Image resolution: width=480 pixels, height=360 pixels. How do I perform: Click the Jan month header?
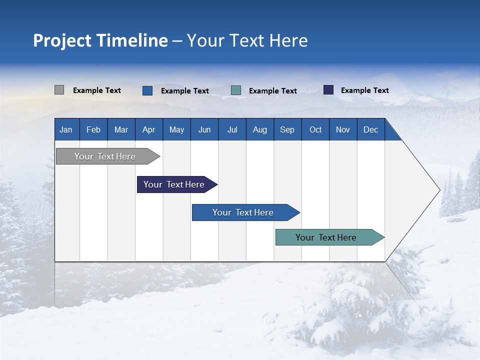[66, 129]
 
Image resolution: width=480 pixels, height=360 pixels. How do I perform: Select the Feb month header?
[93, 129]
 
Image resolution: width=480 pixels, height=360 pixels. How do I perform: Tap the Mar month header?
[121, 129]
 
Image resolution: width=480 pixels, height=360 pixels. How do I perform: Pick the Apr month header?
[149, 129]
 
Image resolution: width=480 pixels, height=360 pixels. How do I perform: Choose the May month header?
[176, 129]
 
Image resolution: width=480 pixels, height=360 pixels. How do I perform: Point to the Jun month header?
[204, 129]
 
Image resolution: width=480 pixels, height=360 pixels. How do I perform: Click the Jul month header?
[232, 129]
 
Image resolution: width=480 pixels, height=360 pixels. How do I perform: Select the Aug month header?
[260, 129]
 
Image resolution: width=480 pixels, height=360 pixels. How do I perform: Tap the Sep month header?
[287, 129]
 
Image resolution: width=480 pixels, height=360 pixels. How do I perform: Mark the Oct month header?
[315, 129]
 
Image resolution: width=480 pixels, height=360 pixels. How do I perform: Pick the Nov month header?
[343, 129]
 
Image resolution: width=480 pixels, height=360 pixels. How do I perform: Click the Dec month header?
[371, 129]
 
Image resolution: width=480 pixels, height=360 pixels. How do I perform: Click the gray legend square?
[59, 90]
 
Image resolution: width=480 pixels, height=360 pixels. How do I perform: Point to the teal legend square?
[236, 90]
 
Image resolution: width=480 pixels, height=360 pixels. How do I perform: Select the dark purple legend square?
[328, 90]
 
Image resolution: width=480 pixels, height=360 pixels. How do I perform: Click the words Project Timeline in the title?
[100, 40]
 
